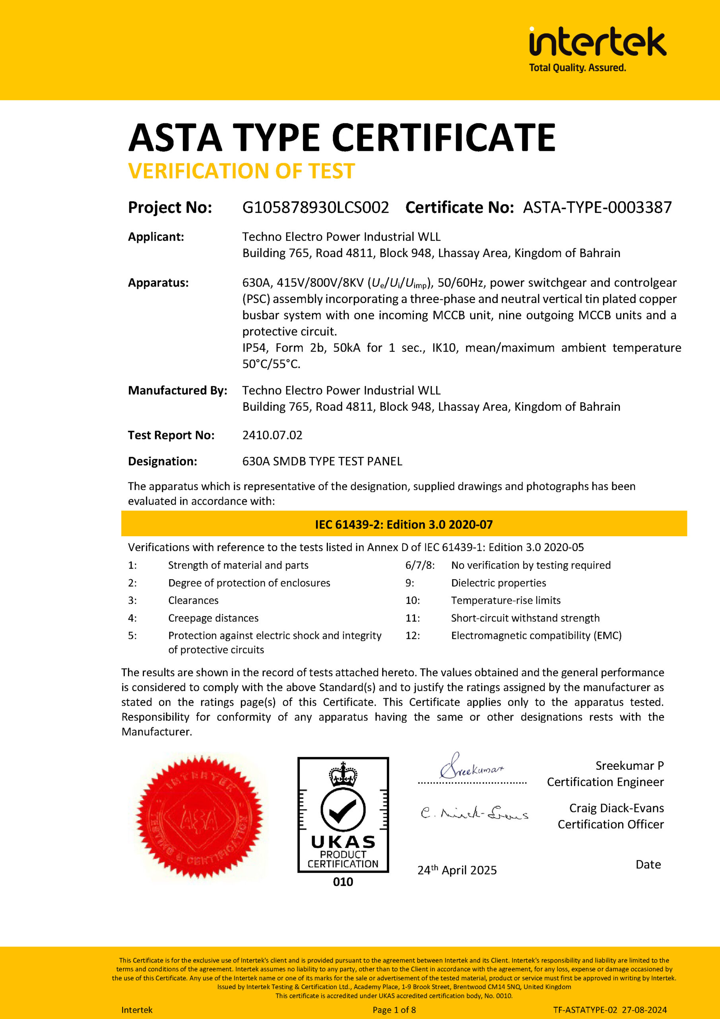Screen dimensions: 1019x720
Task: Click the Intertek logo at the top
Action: (597, 48)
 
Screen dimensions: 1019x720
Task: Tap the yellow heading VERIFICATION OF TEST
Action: (241, 171)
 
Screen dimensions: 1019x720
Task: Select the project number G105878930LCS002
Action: (315, 207)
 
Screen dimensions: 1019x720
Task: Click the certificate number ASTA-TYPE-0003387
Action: (597, 207)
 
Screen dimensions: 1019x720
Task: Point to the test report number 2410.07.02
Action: (272, 435)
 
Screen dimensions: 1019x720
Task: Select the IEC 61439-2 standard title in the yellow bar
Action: (404, 525)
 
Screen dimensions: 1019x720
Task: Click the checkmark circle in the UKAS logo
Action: (343, 810)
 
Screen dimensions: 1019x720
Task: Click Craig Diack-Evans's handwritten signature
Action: (474, 813)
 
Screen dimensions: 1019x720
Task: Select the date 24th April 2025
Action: (457, 870)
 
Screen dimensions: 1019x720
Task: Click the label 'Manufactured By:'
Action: (177, 390)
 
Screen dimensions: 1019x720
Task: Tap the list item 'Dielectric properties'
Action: (498, 583)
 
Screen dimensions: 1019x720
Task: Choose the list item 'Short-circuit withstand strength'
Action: (525, 618)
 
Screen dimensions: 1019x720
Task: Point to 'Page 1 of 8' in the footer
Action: (394, 1010)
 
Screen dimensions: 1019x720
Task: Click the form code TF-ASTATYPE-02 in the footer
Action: (585, 1010)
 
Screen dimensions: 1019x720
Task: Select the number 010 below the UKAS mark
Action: (343, 882)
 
